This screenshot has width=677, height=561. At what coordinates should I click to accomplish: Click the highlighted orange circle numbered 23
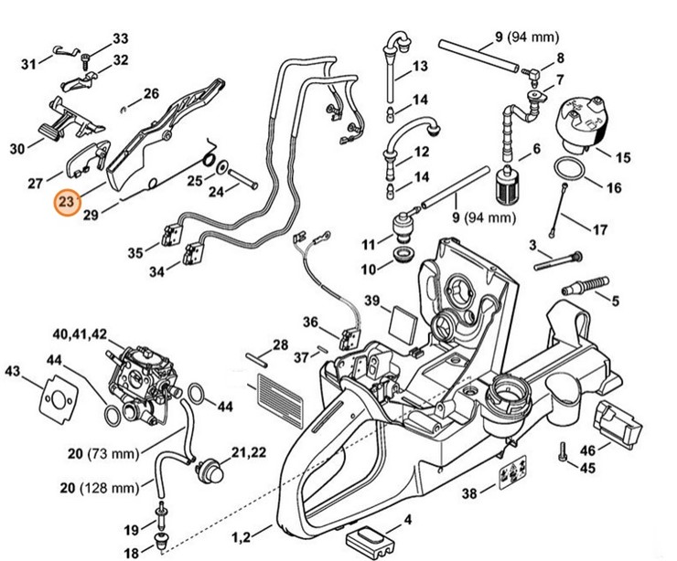(x=66, y=201)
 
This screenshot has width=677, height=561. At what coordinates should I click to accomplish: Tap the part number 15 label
(x=623, y=158)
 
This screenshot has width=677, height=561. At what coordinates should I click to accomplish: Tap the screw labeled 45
(x=560, y=452)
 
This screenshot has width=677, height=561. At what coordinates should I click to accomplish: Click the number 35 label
(x=134, y=253)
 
